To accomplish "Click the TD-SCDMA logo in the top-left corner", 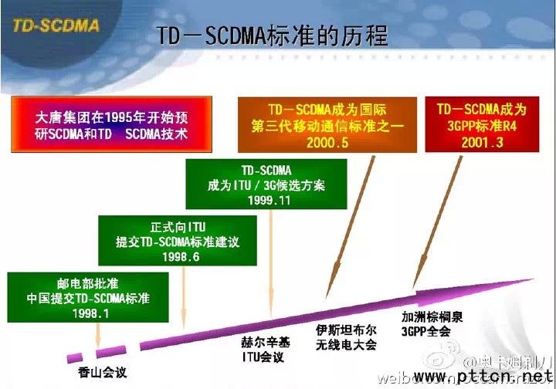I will click(x=56, y=25).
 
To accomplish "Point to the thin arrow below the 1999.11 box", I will click(x=270, y=262).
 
